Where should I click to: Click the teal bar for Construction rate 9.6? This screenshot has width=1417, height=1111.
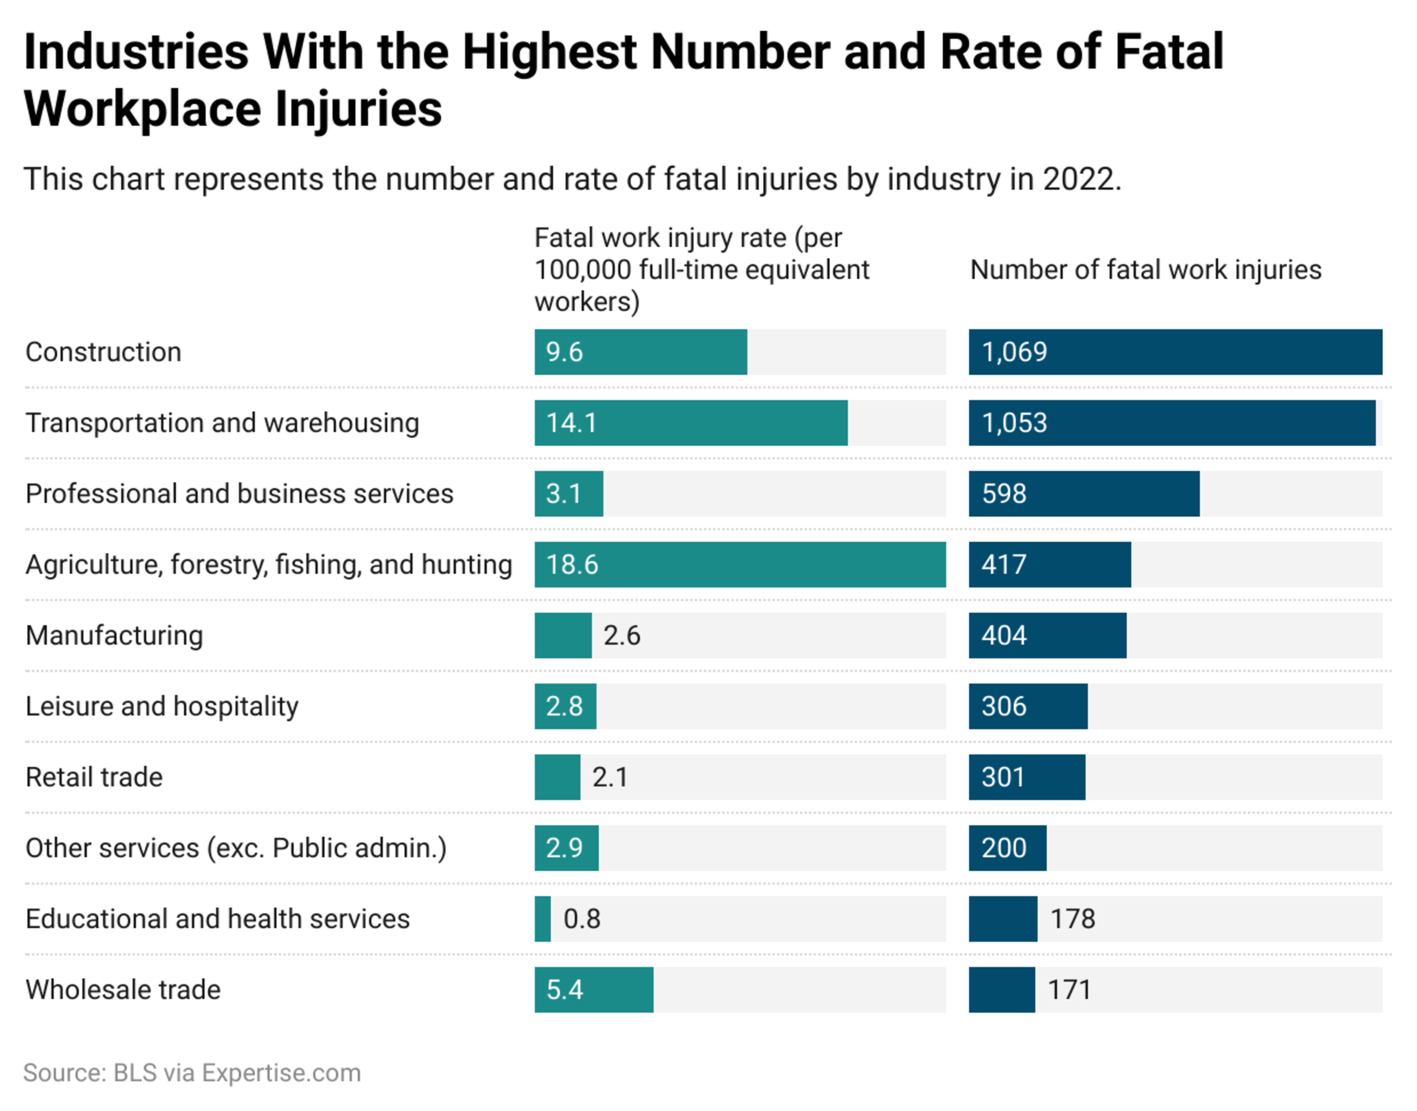pos(641,352)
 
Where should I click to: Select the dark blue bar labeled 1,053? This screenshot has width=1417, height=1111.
pos(1172,423)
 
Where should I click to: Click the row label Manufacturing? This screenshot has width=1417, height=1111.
pos(114,636)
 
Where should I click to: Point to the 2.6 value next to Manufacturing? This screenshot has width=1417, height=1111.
pos(622,636)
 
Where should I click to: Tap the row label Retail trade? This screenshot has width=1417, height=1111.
pos(94,777)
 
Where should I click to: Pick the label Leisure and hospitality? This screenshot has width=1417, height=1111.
pos(162,706)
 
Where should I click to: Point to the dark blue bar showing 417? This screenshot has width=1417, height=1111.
pos(1049,565)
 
